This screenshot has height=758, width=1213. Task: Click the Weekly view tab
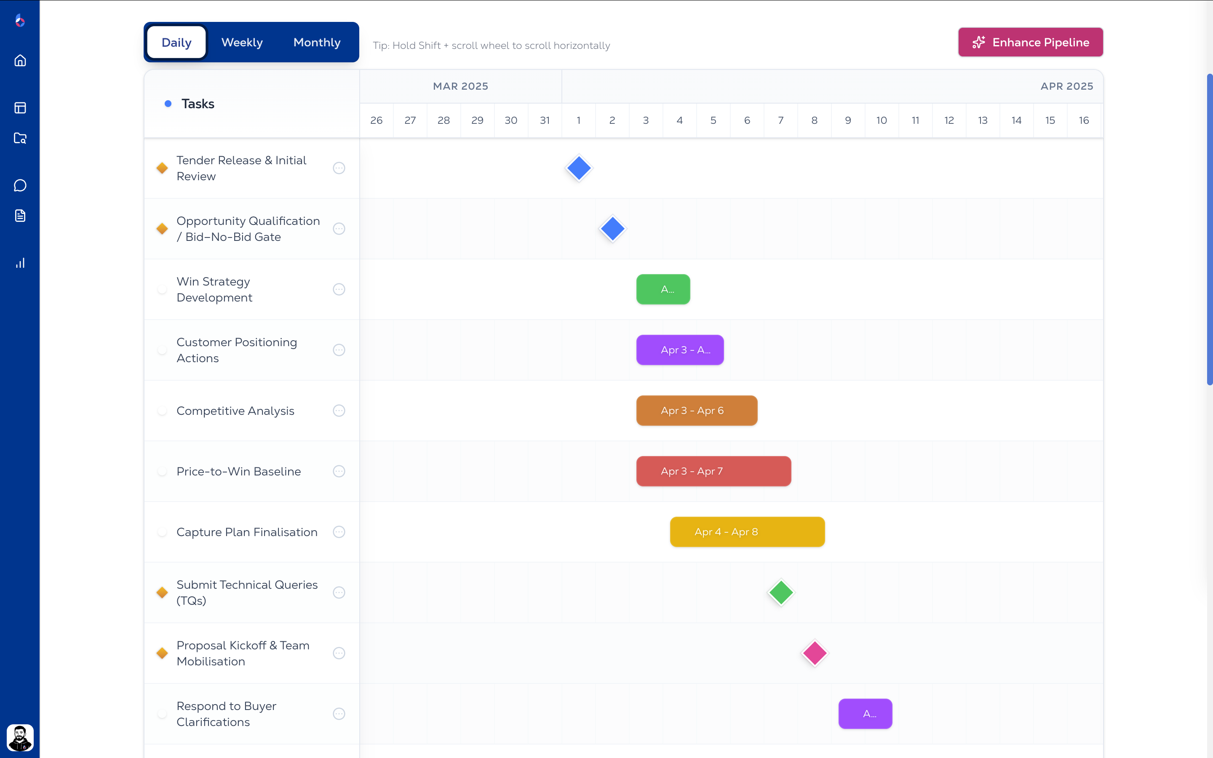click(242, 43)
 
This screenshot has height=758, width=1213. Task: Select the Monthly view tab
click(317, 43)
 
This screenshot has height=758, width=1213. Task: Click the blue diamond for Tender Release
click(579, 168)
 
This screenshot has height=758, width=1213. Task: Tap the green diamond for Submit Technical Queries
click(781, 593)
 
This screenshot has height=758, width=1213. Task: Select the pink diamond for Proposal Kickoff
click(815, 653)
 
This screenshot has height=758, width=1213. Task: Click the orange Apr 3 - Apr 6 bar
click(697, 411)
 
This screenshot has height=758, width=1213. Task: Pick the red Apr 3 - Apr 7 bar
click(713, 471)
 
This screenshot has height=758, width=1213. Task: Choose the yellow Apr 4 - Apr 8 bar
click(747, 532)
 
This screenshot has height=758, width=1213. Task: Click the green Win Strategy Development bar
click(663, 289)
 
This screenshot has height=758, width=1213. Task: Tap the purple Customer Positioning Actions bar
click(680, 350)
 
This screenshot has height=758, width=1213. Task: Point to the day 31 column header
click(545, 120)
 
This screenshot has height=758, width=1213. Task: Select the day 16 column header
click(1084, 120)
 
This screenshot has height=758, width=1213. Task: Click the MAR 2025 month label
click(460, 86)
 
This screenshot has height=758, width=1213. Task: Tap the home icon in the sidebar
click(20, 61)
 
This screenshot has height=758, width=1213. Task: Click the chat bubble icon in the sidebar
click(20, 185)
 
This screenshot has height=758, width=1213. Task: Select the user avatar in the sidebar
click(20, 737)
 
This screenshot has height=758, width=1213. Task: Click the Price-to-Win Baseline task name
click(238, 471)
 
